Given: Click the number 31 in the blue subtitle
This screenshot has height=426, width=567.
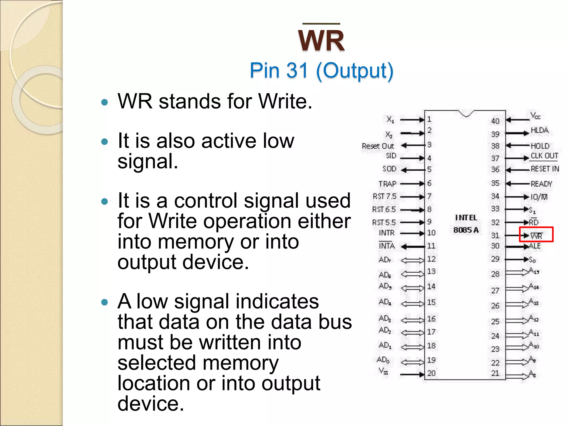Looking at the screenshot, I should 297,70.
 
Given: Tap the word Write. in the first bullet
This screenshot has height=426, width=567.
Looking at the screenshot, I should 285,101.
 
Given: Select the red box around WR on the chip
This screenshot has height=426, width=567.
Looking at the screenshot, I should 536,235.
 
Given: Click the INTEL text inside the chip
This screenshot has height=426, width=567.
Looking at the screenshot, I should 466,218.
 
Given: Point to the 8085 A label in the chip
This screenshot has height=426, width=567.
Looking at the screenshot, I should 466,230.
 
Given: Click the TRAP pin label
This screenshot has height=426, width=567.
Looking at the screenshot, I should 387,184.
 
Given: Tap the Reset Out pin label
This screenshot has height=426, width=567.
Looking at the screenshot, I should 378,146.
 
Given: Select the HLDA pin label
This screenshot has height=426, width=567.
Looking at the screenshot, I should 539,130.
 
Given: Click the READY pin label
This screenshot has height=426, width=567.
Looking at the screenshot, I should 541,184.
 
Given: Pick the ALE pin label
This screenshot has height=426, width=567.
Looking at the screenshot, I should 535,246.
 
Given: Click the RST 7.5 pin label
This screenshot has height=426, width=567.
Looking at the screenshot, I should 385,196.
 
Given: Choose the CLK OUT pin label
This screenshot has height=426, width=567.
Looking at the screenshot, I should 544,156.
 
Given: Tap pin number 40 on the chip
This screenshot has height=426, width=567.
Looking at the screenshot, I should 495,121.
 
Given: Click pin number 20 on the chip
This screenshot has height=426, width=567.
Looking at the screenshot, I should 431,373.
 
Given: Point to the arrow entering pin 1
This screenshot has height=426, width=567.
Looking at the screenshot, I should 412,120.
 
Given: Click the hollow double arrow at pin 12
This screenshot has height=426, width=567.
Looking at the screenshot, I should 412,260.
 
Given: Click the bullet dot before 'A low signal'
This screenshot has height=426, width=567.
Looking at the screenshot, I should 104,302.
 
